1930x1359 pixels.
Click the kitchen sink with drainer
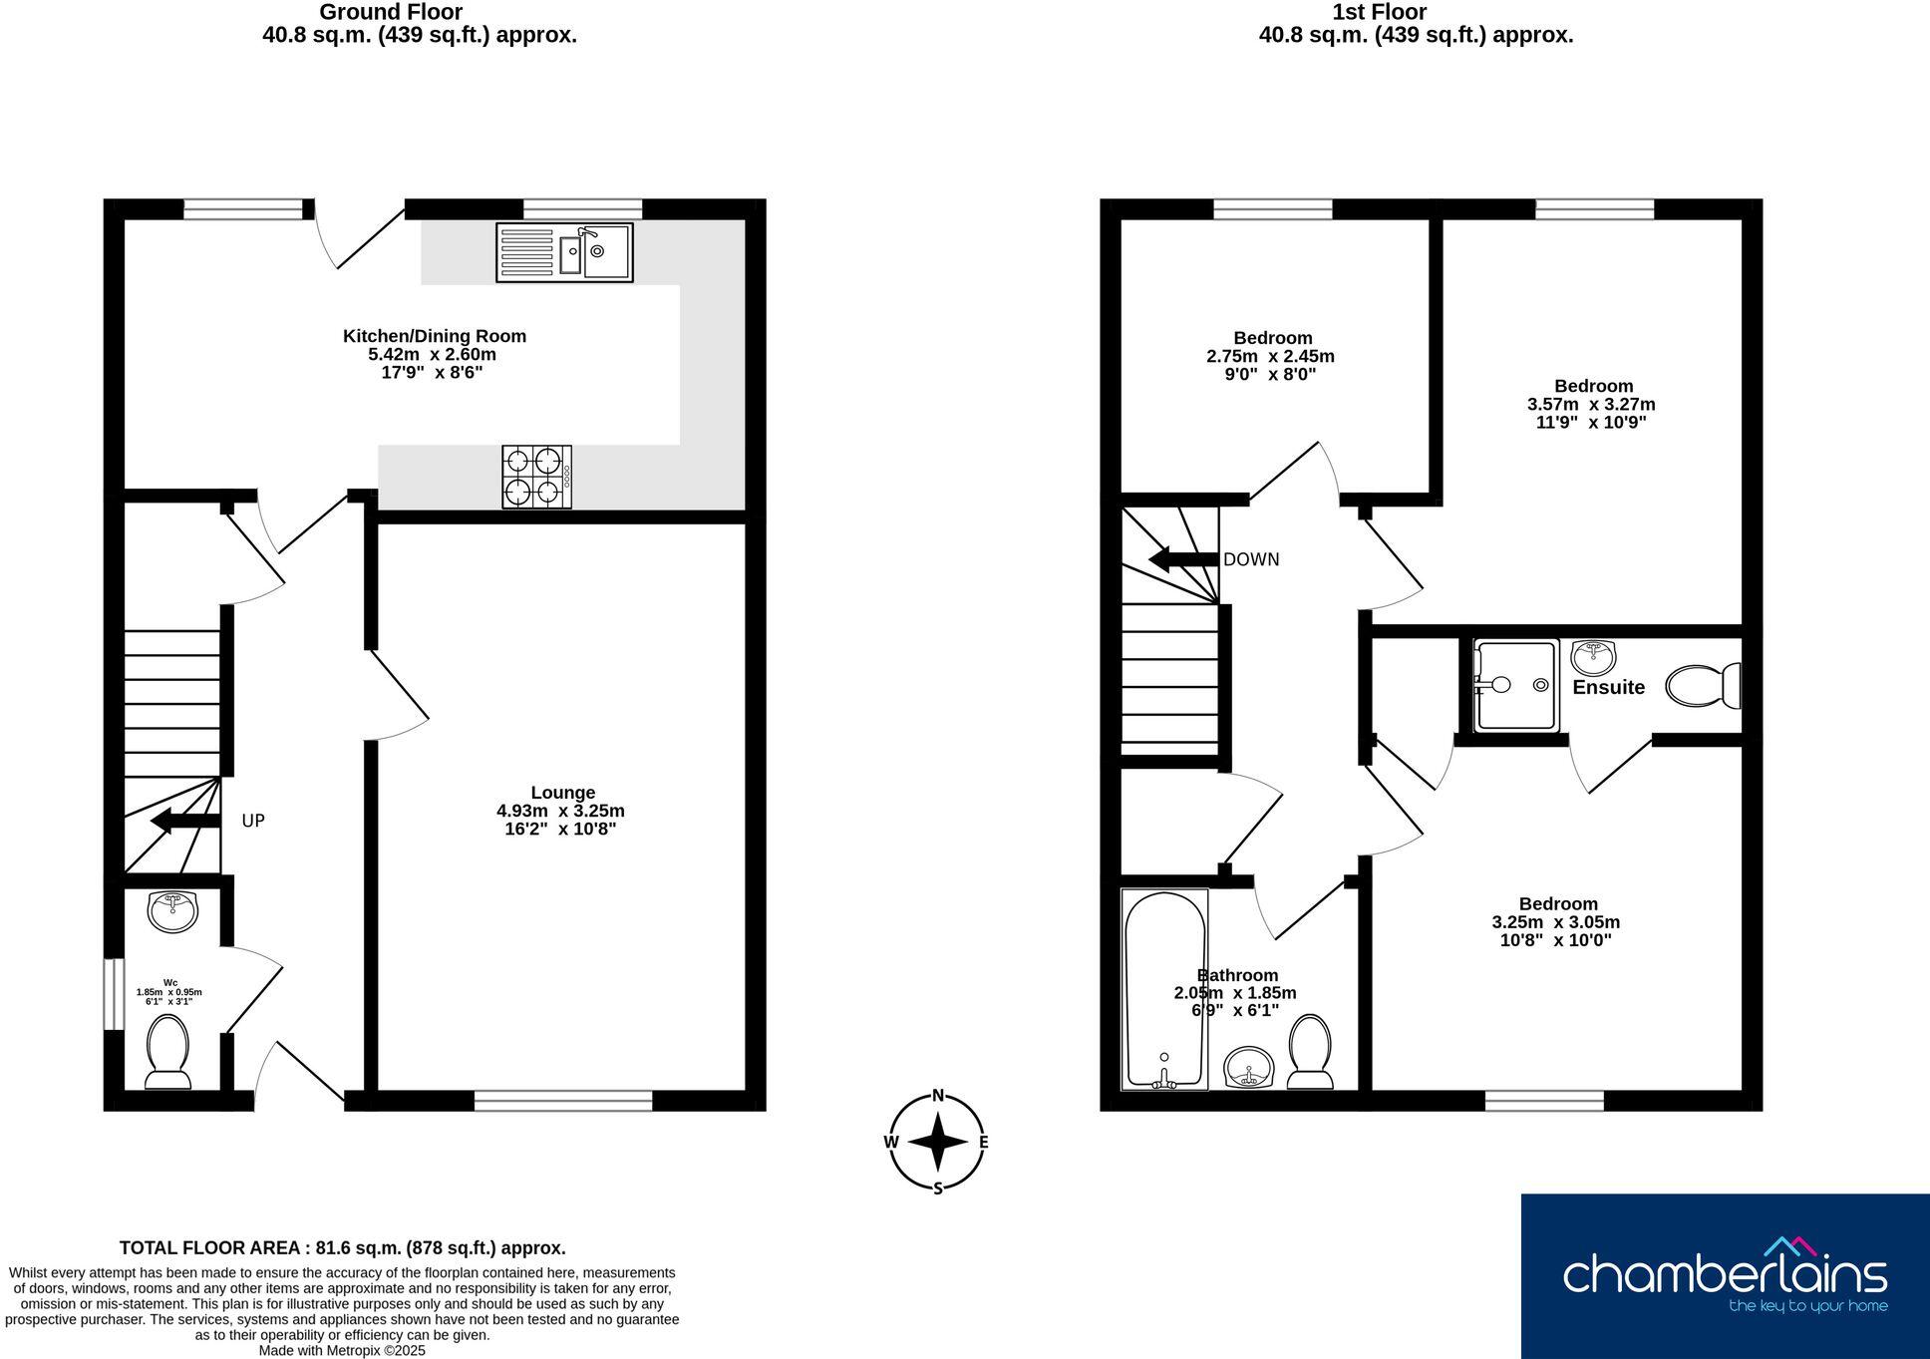pos(564,252)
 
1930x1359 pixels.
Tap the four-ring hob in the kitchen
pos(536,477)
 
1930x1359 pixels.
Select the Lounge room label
pos(562,793)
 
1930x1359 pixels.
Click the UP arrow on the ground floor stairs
pos(184,822)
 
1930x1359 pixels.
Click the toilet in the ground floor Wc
pos(167,1053)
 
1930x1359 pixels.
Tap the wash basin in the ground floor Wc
pos(172,911)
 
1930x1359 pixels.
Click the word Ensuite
pos(1608,687)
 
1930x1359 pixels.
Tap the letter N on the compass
pos(937,1096)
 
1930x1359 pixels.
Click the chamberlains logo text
pos(1724,1275)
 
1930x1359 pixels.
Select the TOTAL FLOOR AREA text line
pos(342,1247)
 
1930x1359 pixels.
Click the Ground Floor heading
pos(390,12)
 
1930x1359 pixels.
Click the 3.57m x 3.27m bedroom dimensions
pos(1591,404)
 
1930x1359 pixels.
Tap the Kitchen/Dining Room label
pos(435,336)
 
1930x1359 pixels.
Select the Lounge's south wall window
pos(563,1101)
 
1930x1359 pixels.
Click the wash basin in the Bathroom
pos(1248,1068)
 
